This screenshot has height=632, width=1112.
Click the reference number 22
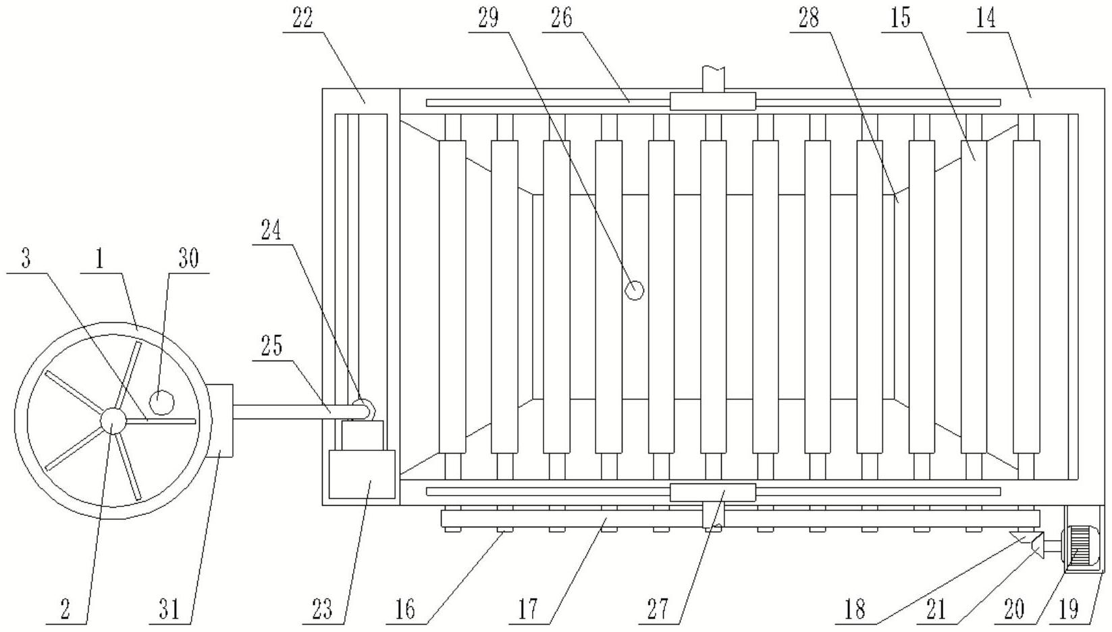302,19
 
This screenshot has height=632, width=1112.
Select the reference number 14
986,19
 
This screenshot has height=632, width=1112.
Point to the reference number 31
169,610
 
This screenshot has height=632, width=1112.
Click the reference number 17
528,610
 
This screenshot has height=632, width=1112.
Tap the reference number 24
271,232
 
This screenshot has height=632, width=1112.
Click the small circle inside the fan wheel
161,402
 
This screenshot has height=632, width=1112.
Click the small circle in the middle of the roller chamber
634,290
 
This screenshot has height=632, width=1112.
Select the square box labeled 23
361,474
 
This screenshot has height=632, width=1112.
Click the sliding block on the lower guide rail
712,492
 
